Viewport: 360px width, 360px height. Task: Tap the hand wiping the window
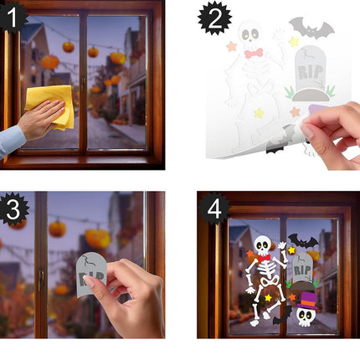[x=38, y=121]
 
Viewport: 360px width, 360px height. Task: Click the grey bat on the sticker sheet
[x=311, y=29]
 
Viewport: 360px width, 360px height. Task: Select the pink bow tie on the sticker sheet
[x=254, y=53]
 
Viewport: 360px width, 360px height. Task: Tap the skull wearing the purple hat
[x=306, y=316]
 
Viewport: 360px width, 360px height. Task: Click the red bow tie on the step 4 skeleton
[x=265, y=258]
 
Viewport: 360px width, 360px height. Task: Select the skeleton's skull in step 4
[x=263, y=245]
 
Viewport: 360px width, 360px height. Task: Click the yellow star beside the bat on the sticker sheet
[x=293, y=41]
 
